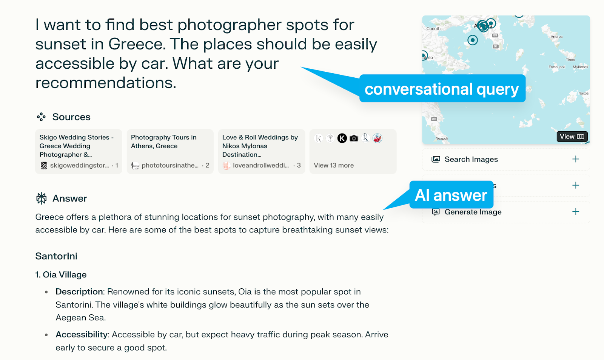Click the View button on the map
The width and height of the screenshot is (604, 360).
[572, 137]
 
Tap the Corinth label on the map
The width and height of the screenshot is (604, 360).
[433, 29]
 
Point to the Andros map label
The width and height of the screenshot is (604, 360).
[556, 36]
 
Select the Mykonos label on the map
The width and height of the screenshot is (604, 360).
[580, 67]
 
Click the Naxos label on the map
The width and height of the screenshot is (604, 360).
[583, 93]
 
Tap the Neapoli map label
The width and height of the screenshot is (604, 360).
[442, 138]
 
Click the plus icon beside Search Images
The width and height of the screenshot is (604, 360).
[575, 159]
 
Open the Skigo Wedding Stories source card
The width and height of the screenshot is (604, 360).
[79, 151]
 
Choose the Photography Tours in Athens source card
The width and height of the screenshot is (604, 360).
[170, 151]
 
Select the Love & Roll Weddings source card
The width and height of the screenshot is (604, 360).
[262, 151]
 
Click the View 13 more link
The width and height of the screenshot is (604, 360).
[334, 165]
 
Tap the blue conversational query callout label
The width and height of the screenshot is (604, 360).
[442, 88]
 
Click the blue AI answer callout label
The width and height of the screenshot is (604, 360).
[451, 195]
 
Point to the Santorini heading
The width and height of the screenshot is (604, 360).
[56, 256]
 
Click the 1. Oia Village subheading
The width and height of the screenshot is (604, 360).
[61, 275]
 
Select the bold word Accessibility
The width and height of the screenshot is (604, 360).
[82, 334]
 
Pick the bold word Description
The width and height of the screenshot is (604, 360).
[79, 292]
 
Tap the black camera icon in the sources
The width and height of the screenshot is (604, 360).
[354, 138]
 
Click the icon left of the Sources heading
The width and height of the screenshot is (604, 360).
[41, 117]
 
